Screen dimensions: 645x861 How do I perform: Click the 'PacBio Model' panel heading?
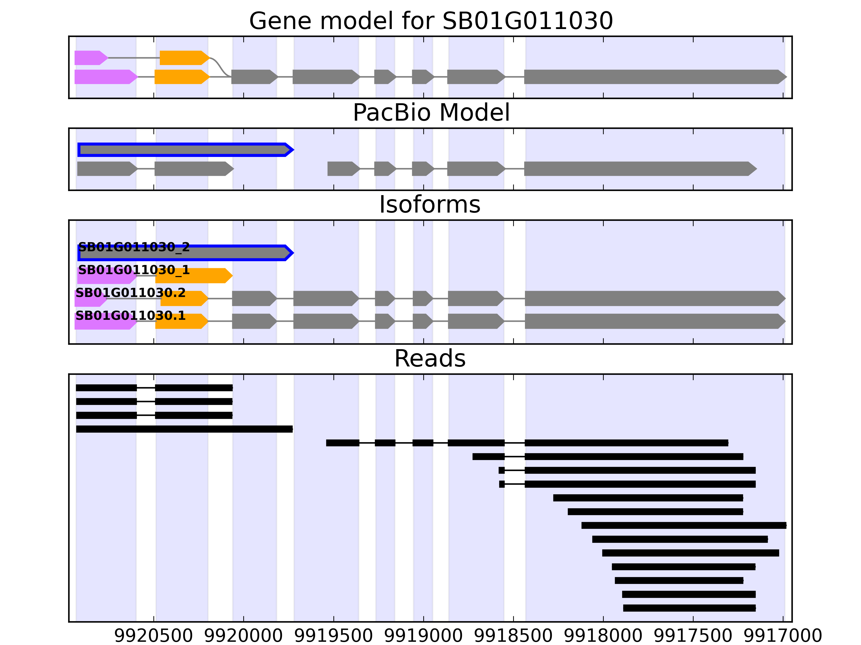(431, 113)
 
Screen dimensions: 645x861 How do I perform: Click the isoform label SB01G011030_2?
(134, 247)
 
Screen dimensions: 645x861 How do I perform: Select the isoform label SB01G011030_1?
(134, 270)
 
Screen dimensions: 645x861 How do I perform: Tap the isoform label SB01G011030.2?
(130, 293)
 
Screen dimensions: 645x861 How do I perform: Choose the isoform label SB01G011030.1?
(130, 316)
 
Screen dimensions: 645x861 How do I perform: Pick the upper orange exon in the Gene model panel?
(183, 58)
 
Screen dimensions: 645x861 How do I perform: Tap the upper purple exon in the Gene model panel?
(89, 58)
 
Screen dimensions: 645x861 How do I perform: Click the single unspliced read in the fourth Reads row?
(184, 429)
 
